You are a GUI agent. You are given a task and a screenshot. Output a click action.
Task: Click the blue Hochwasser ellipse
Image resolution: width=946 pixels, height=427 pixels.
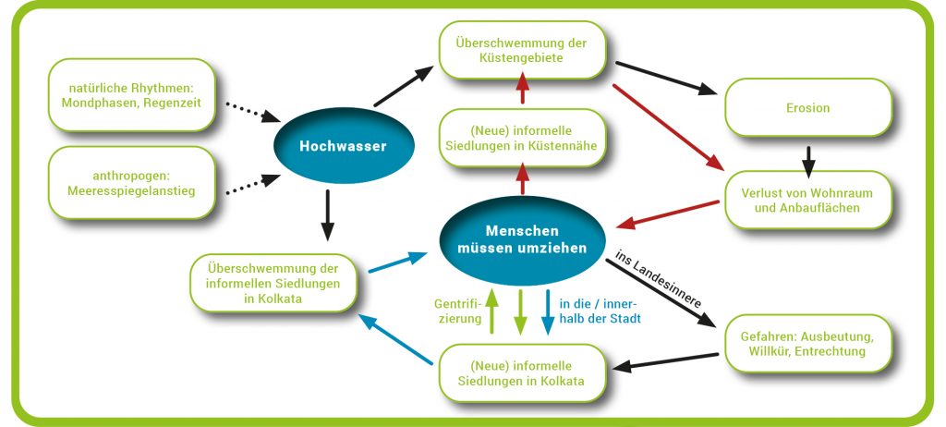[344, 145]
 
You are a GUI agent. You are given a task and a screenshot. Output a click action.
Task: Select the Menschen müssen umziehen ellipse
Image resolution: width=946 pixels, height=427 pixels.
[522, 239]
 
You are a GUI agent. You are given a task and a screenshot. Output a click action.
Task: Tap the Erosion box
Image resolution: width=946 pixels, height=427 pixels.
[807, 108]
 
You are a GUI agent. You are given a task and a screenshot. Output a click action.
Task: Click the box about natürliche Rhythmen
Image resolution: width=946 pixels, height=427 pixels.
[131, 95]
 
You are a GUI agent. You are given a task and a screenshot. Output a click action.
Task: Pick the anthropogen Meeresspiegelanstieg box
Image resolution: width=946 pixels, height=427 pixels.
[131, 183]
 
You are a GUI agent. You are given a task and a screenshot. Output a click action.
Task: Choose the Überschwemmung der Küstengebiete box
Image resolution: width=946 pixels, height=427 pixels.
[521, 51]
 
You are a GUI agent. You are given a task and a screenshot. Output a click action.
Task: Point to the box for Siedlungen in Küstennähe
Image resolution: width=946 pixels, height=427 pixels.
[521, 138]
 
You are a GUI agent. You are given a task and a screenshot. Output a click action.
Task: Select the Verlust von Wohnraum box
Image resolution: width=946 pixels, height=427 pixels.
[807, 200]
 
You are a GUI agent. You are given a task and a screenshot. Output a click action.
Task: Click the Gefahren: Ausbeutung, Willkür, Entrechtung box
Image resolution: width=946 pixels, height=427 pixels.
[807, 344]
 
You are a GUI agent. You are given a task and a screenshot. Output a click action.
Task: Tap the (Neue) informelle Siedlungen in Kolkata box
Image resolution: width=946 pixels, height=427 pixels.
[521, 373]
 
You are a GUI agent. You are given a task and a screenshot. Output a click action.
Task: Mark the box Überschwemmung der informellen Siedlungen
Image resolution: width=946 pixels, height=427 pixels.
[273, 283]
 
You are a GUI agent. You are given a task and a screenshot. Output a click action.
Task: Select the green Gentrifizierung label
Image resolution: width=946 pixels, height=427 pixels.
[456, 311]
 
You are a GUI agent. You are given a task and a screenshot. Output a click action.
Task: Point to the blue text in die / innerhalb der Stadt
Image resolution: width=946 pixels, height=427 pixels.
[599, 311]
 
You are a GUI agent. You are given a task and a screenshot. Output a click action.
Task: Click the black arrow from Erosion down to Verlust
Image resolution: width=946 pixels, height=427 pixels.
[808, 162]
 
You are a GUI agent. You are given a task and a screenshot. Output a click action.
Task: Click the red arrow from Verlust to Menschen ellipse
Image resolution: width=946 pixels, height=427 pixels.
[667, 214]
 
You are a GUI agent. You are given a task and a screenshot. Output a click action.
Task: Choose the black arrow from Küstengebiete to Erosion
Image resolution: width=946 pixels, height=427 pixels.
[667, 78]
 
